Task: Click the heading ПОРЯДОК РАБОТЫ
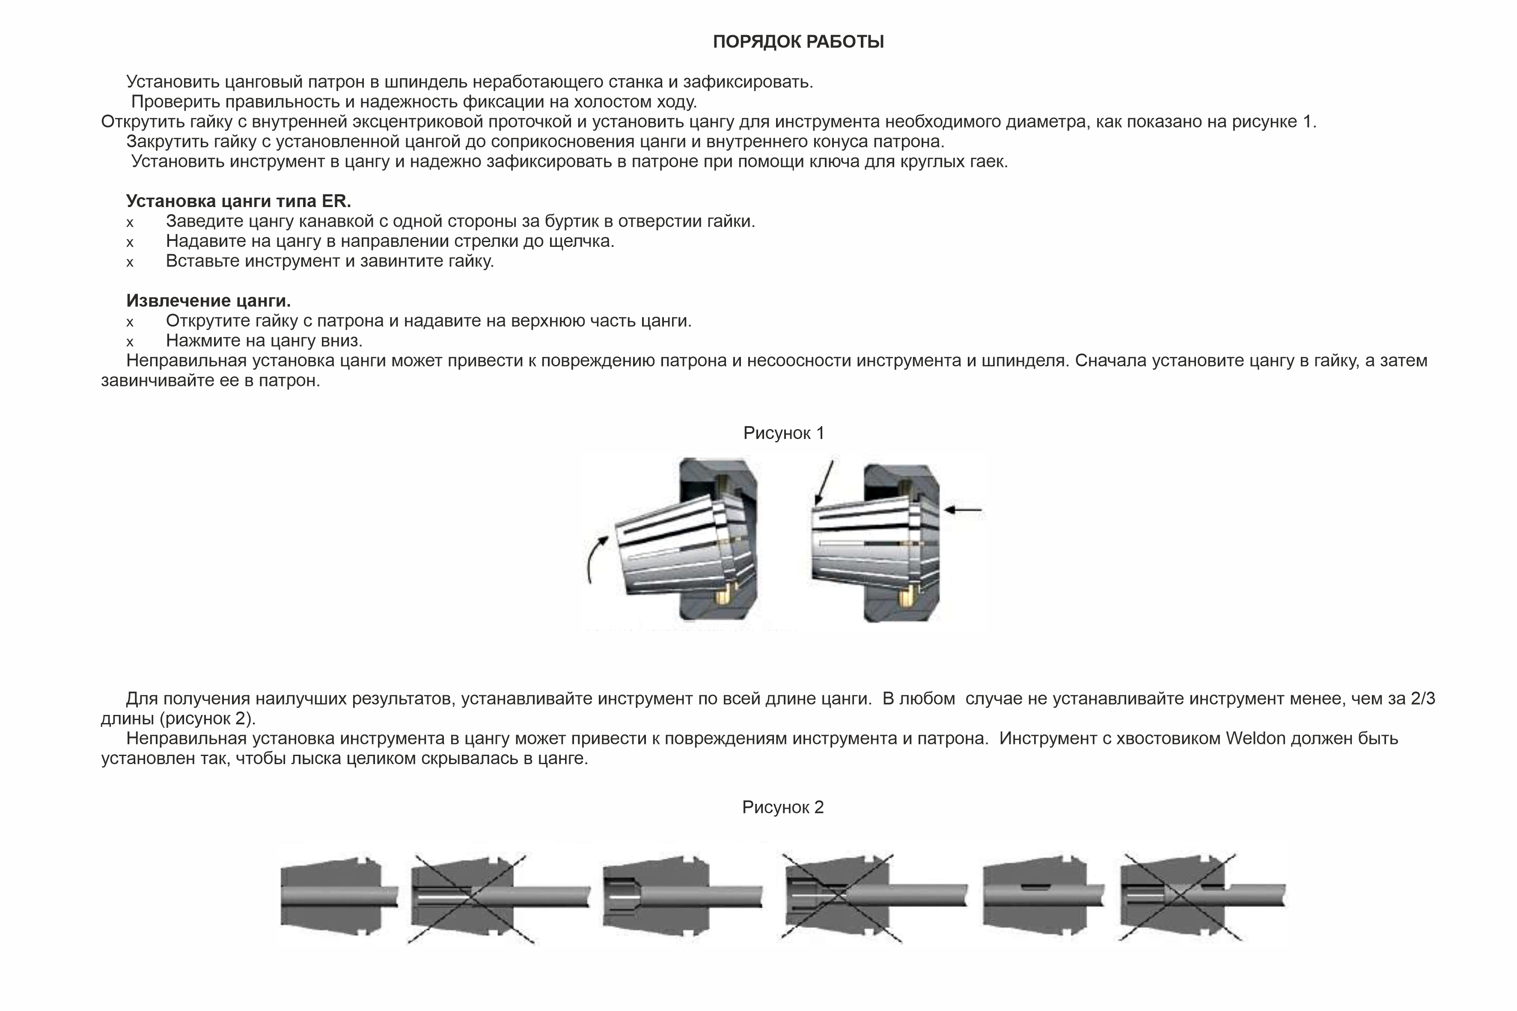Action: pyautogui.click(x=798, y=42)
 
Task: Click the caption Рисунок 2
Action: pyautogui.click(x=782, y=807)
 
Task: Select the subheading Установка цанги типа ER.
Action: pyautogui.click(x=238, y=201)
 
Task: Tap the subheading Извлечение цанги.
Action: pyautogui.click(x=208, y=300)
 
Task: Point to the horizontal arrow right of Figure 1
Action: pyautogui.click(x=963, y=510)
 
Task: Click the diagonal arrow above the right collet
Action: pyautogui.click(x=824, y=481)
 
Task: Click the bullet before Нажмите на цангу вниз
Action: pyautogui.click(x=130, y=342)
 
